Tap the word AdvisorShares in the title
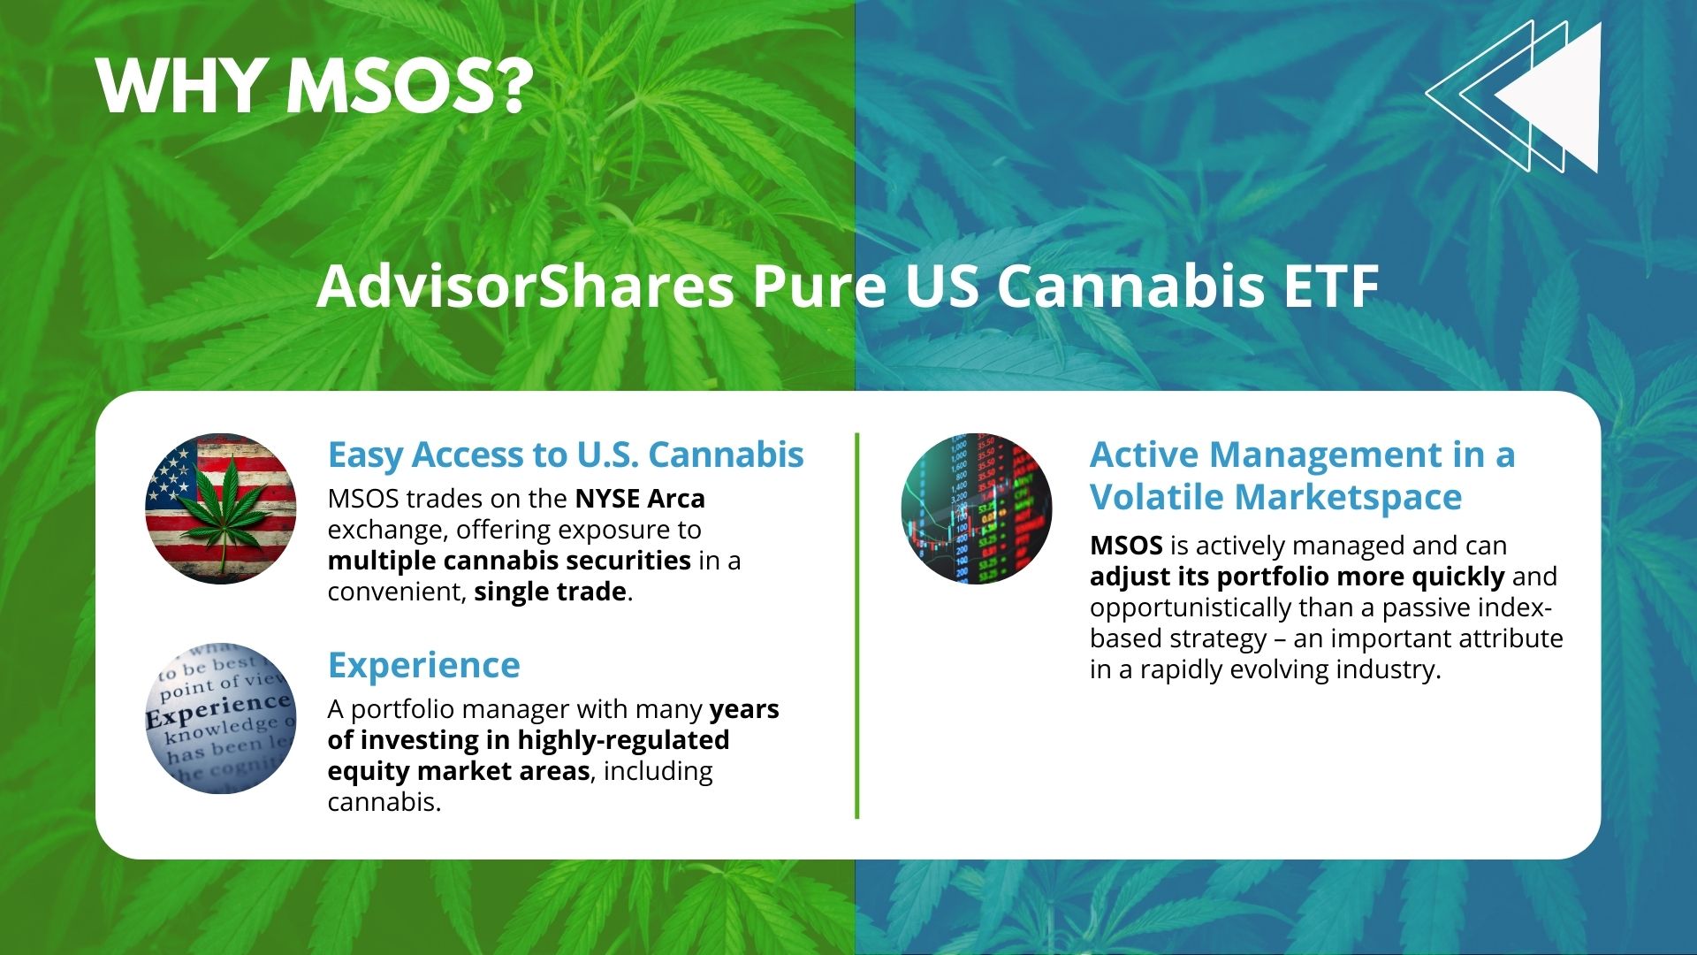point(525,286)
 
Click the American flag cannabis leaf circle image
point(221,508)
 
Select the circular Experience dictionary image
point(221,718)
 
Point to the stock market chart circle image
point(977,508)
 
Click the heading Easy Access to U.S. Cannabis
point(566,455)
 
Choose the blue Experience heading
point(424,666)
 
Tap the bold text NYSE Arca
point(640,499)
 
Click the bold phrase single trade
point(550,592)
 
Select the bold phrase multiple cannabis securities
point(509,561)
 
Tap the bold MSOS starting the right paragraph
point(1126,546)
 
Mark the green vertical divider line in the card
point(856,625)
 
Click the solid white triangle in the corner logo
point(1548,97)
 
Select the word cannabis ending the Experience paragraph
point(384,802)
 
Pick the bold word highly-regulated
point(623,741)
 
